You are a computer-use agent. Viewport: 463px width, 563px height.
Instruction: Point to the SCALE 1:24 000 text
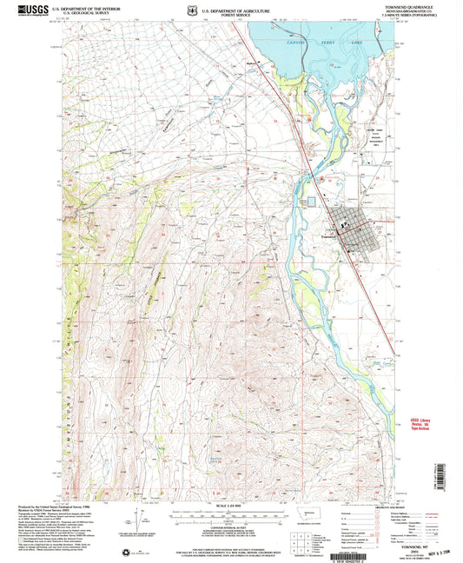pyautogui.click(x=229, y=496)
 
